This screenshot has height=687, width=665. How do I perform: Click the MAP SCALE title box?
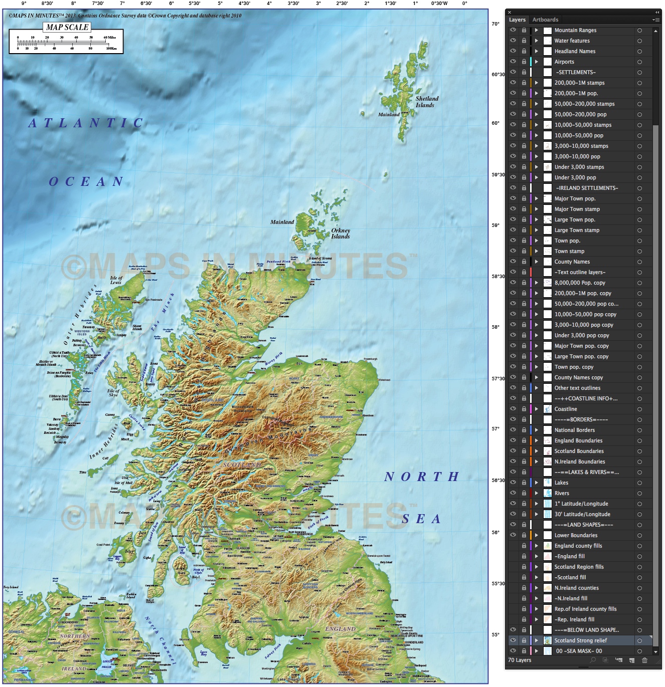pos(67,28)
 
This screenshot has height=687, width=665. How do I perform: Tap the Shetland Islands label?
pos(426,102)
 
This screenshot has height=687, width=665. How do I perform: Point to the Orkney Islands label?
pos(341,234)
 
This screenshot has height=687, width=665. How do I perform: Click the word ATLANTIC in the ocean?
pos(86,123)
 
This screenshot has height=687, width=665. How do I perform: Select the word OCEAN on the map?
pos(86,181)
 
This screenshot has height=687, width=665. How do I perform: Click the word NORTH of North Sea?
pos(421,477)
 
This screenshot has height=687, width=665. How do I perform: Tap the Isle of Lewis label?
pos(116,280)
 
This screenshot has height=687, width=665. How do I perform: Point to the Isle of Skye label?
pos(113,393)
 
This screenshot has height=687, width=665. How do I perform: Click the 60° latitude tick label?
pos(495,123)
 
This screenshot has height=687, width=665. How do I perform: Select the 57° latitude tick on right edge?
pos(495,429)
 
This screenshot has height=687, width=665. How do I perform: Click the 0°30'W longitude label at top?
pos(439,4)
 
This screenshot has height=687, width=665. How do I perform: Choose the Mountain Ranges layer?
pos(575,30)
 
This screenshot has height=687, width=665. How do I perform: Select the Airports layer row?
pos(564,62)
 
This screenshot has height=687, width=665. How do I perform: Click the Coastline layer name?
pos(566,409)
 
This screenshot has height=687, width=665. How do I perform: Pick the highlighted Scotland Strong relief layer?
pos(580,640)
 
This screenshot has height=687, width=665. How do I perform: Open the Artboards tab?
pos(545,20)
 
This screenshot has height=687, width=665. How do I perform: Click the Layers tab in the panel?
pos(517,20)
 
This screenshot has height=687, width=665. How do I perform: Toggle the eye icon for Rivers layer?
pos(513,493)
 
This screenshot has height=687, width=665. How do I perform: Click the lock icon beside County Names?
pos(524,262)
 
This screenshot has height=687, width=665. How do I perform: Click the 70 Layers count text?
pos(520,660)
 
